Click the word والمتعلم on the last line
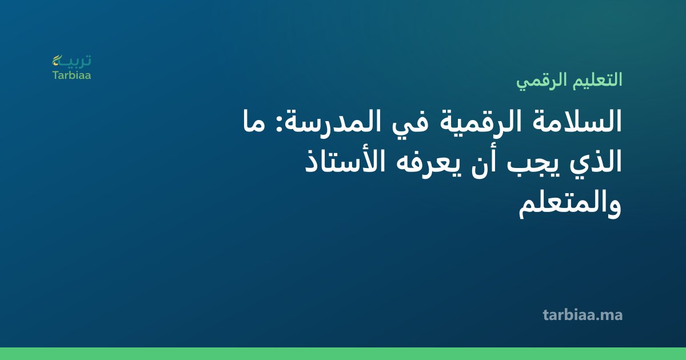(570, 205)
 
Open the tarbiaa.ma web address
(583, 315)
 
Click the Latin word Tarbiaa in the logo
(71, 75)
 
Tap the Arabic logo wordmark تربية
(75, 61)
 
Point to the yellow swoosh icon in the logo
(57, 60)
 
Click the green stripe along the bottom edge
(343, 354)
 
